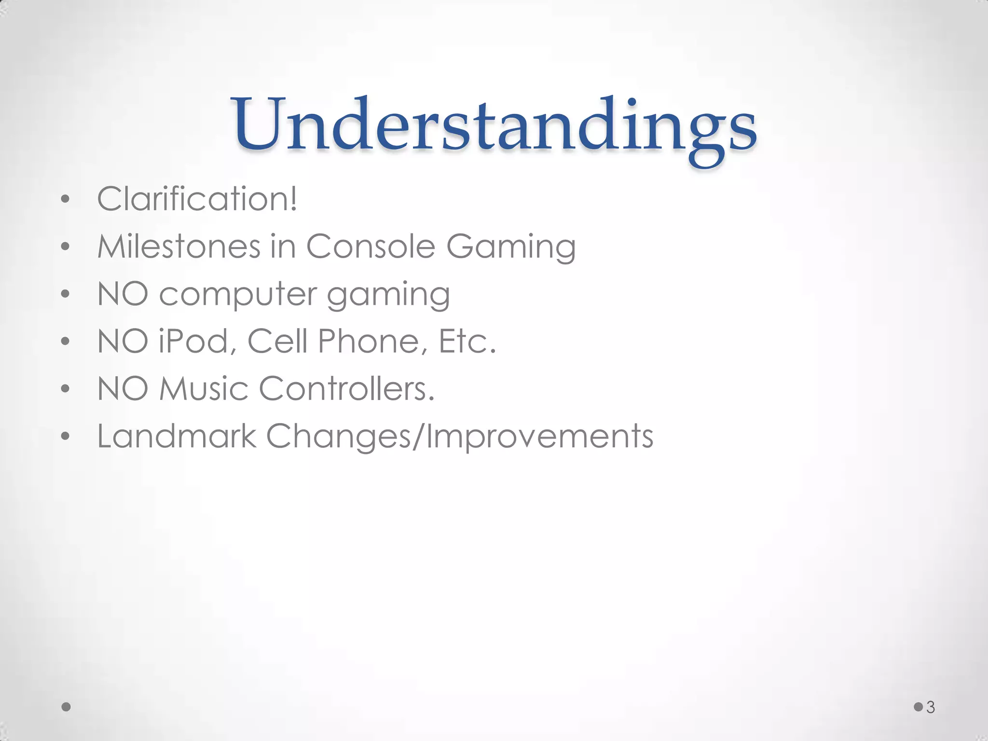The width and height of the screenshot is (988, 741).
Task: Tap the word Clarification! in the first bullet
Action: pos(197,199)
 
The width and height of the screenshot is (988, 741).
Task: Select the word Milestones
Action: pos(179,247)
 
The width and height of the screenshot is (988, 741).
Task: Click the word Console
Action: pos(370,247)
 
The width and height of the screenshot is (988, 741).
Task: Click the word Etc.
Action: pos(467,342)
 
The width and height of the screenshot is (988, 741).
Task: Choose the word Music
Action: pos(203,389)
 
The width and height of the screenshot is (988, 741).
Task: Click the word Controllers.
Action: pos(347,389)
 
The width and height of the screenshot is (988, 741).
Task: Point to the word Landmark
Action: pos(177,436)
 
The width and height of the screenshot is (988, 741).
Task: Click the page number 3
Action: pos(931,707)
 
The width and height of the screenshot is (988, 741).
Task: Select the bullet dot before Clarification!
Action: pos(66,199)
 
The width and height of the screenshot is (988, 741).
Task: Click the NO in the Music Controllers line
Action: pos(123,389)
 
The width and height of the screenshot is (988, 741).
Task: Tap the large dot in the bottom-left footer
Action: pos(67,707)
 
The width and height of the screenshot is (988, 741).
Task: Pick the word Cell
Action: pos(277,342)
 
